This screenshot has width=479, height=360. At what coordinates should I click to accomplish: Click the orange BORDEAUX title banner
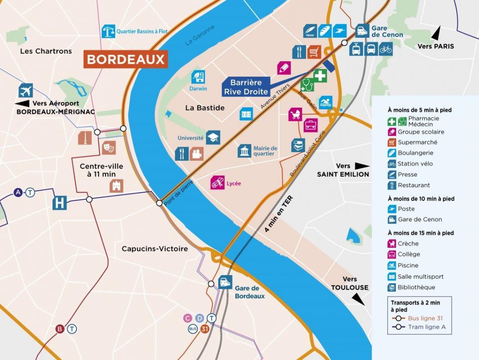(125, 59)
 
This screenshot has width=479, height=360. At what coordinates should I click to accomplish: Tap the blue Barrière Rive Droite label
(246, 87)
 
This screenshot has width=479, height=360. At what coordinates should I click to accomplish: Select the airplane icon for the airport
(26, 90)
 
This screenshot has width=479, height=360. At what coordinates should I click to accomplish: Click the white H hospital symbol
(59, 203)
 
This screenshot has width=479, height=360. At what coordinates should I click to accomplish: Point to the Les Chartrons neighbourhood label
(46, 51)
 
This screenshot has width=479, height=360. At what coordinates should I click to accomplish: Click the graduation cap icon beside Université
(213, 138)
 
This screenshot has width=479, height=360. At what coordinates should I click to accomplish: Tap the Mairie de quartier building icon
(245, 151)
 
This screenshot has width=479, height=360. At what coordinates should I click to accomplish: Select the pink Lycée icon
(218, 182)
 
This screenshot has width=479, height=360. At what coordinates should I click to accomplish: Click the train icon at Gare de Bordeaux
(225, 283)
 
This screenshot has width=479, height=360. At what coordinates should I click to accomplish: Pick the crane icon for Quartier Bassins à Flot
(108, 31)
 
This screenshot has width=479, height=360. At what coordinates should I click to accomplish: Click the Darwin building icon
(198, 76)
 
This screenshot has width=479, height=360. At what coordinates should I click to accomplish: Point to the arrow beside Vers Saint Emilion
(362, 166)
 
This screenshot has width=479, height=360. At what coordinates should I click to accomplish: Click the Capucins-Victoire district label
(155, 249)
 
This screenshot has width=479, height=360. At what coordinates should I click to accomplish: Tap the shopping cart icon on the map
(314, 52)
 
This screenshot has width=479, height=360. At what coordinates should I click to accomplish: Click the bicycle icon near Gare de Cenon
(385, 49)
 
